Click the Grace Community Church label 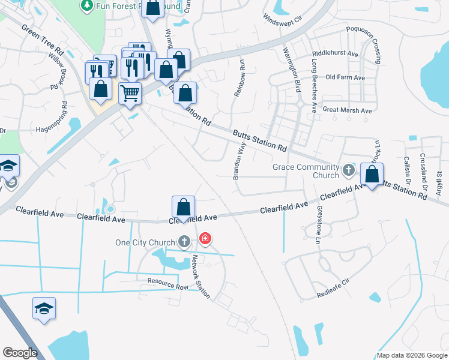click(x=306, y=171)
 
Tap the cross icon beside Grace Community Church click(x=348, y=170)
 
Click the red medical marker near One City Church click(x=206, y=239)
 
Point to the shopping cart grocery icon click(x=130, y=93)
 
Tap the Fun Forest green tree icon click(x=87, y=5)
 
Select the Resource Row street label click(x=168, y=284)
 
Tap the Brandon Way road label click(x=240, y=160)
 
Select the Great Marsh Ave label click(x=347, y=110)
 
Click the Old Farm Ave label click(x=345, y=78)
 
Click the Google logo click(x=20, y=353)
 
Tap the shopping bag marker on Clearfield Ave click(x=183, y=208)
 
